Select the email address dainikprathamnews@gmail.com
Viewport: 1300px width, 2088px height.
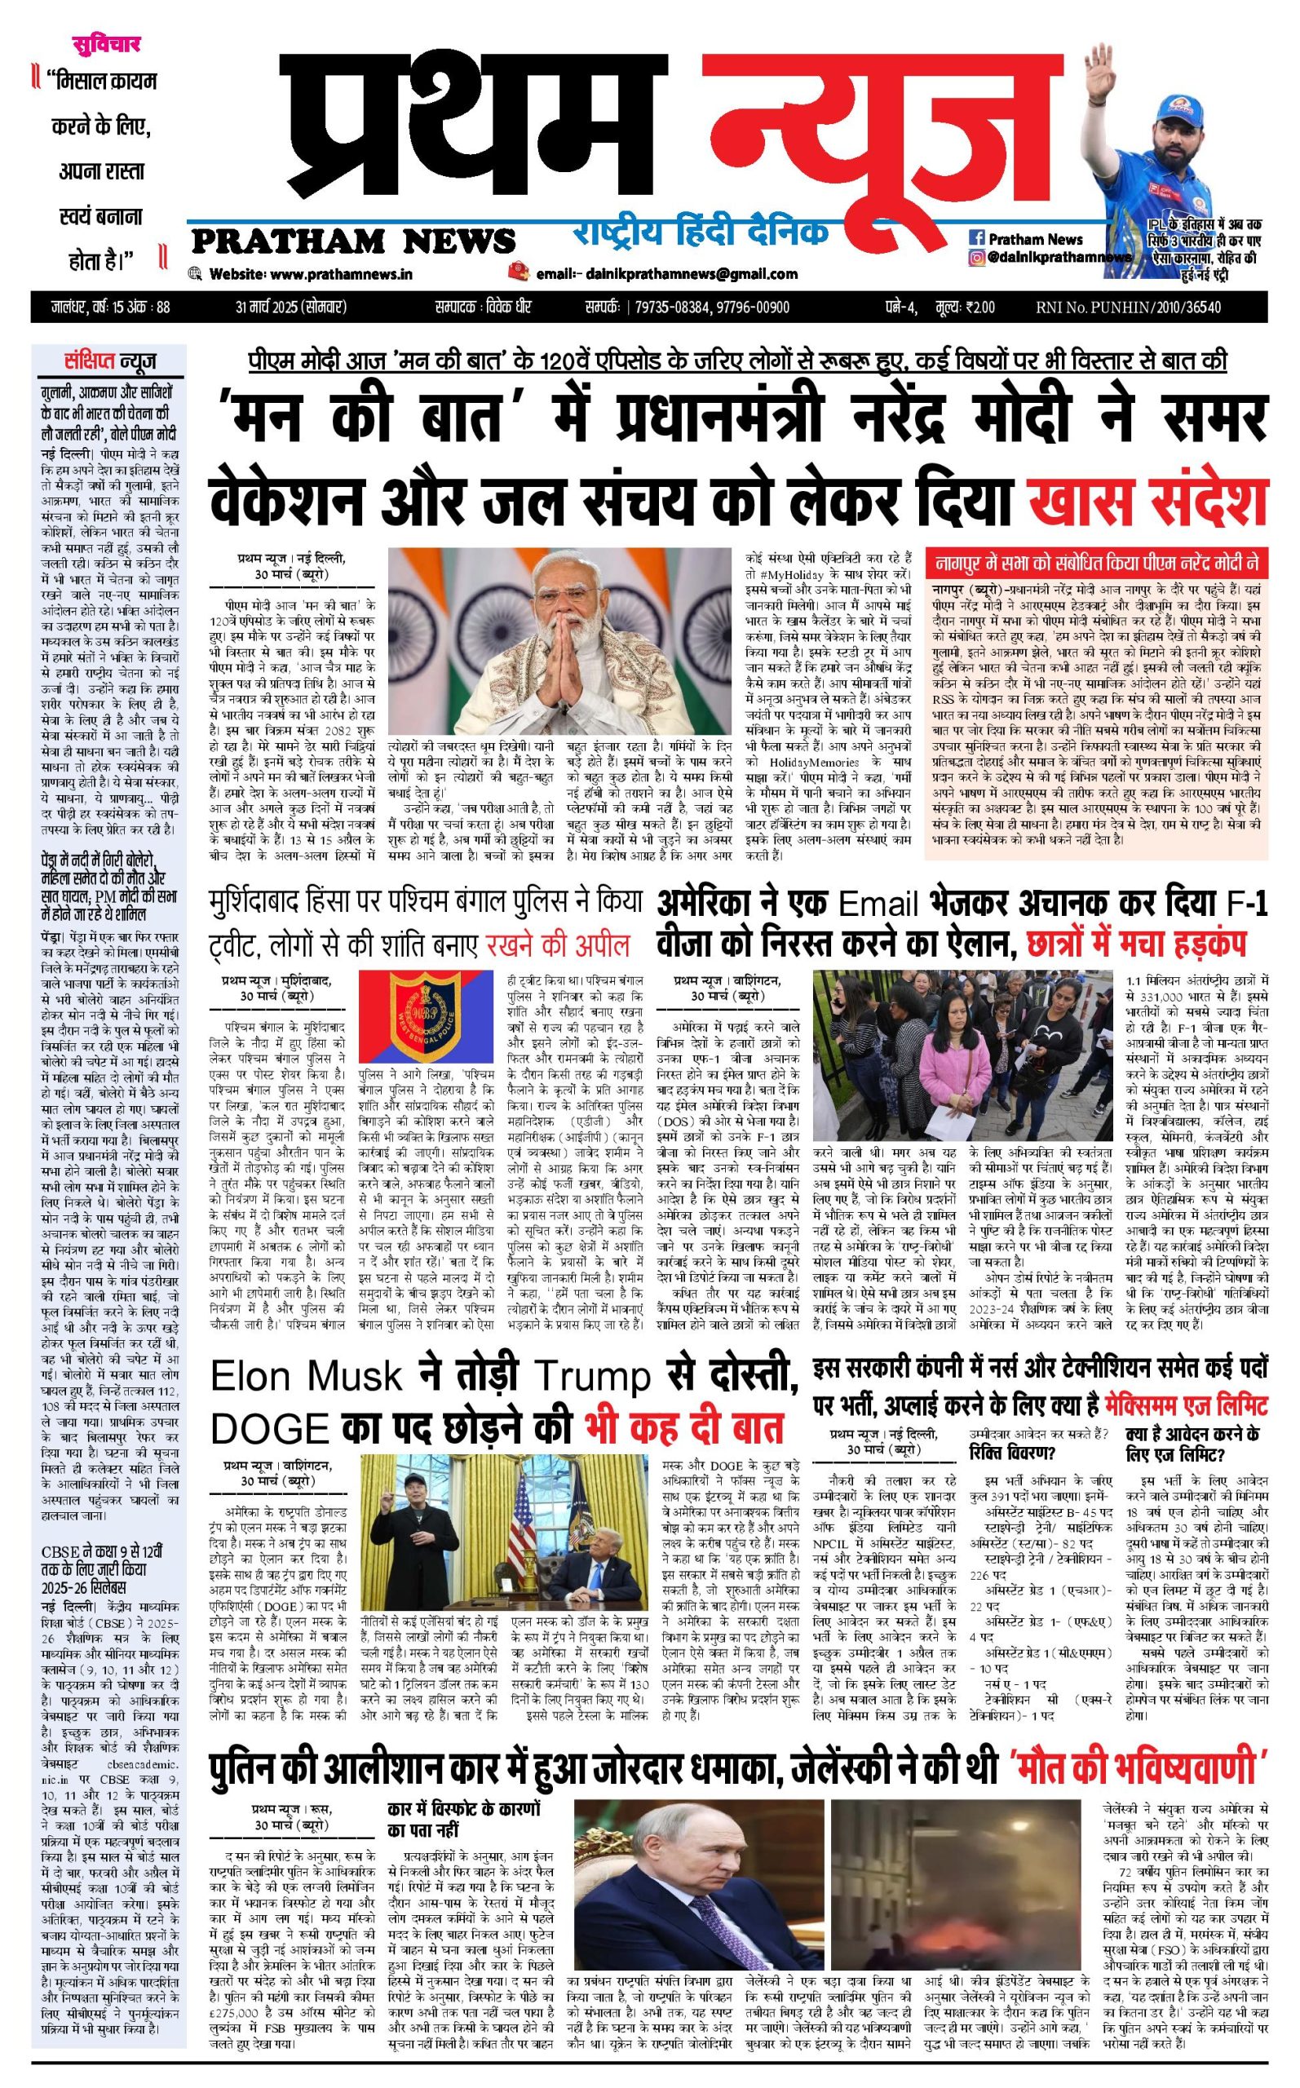(691, 274)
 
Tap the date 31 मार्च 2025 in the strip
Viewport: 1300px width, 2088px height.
(291, 307)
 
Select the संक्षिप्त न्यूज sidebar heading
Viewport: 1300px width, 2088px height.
(110, 362)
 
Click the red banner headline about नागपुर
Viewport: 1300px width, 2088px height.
(1096, 564)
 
